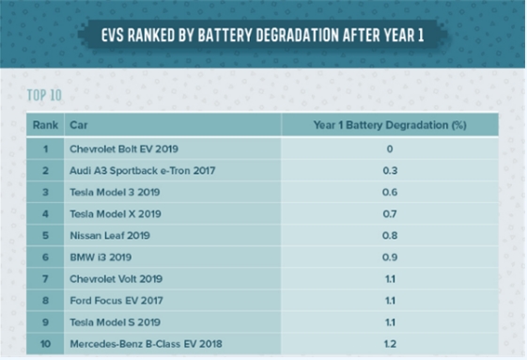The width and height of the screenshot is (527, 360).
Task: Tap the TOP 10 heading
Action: tap(44, 95)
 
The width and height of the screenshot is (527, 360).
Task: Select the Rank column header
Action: tap(45, 125)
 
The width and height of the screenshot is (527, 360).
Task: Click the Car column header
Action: tap(79, 125)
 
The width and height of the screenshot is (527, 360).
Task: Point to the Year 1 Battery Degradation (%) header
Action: tap(390, 125)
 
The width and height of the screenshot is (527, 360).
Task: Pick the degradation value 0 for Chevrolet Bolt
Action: tap(390, 149)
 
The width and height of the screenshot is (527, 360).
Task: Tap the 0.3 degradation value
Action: tap(390, 170)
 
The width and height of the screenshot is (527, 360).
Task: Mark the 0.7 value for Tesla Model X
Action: tap(390, 214)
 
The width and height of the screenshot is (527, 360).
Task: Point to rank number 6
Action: tap(45, 258)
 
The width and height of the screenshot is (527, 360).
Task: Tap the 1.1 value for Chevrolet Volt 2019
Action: tap(390, 279)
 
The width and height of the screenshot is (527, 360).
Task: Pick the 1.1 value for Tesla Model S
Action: tap(390, 322)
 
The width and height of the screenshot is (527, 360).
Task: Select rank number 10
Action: tap(45, 344)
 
